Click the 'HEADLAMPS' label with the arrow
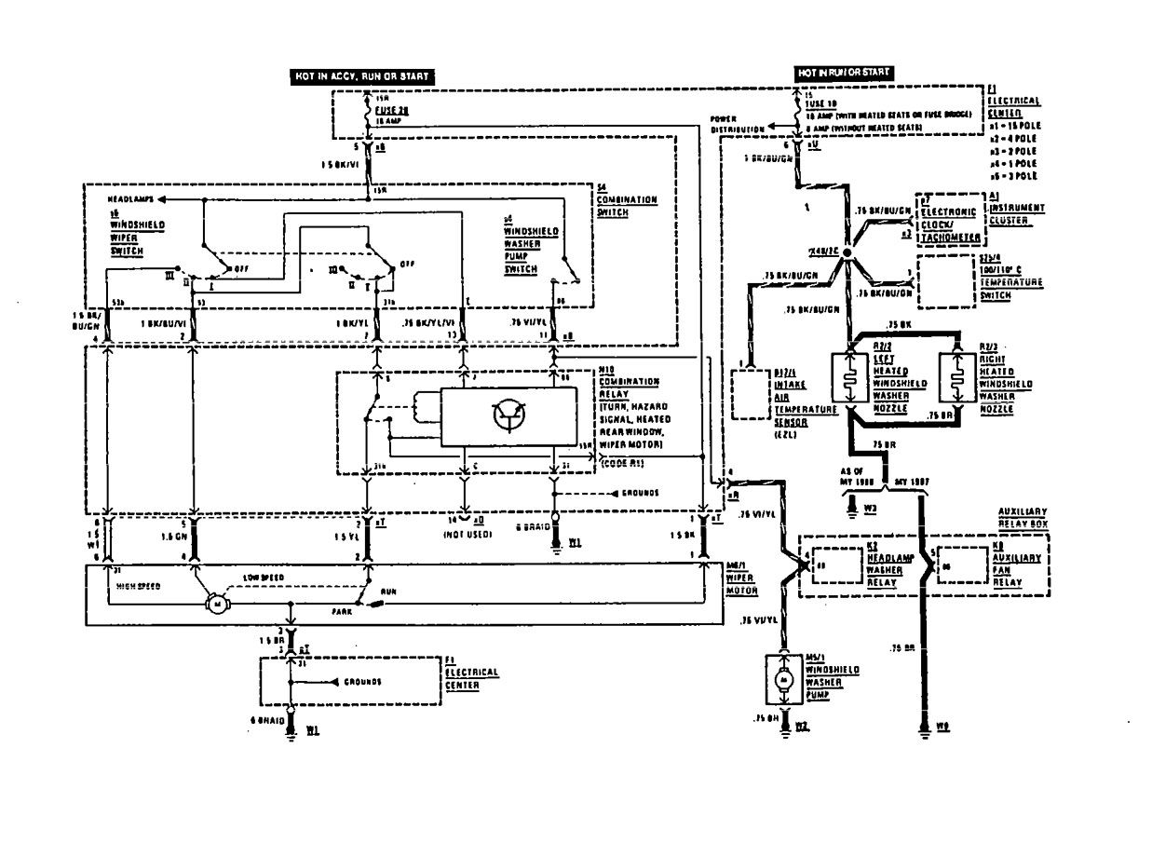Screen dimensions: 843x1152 124,198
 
